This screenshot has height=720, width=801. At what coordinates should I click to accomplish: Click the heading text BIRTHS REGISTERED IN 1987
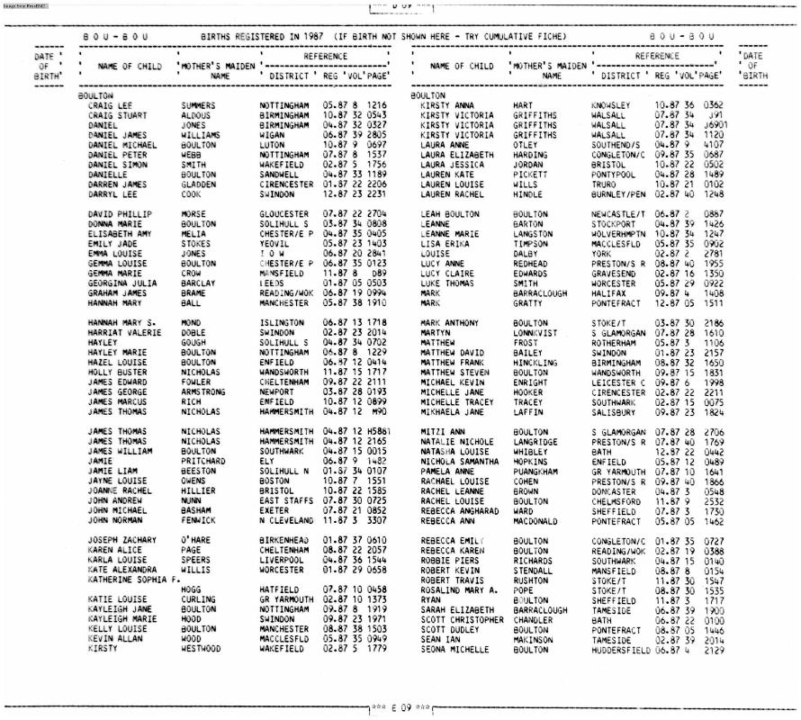click(x=264, y=37)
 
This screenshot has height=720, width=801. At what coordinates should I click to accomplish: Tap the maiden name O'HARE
click(x=196, y=540)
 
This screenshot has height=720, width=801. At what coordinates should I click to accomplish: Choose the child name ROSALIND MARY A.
click(x=454, y=589)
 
